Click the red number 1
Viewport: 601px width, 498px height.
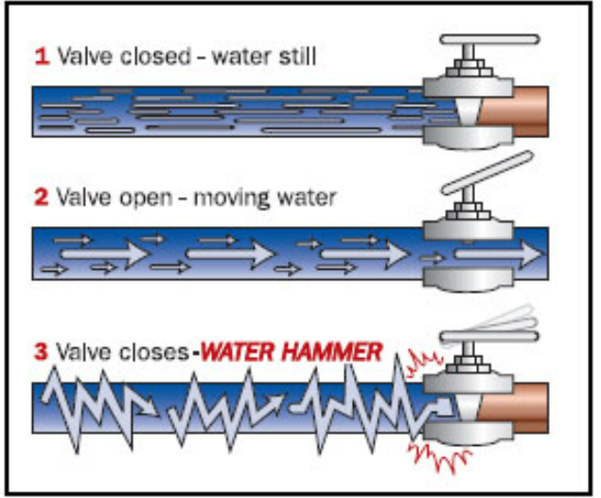[x=42, y=57]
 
